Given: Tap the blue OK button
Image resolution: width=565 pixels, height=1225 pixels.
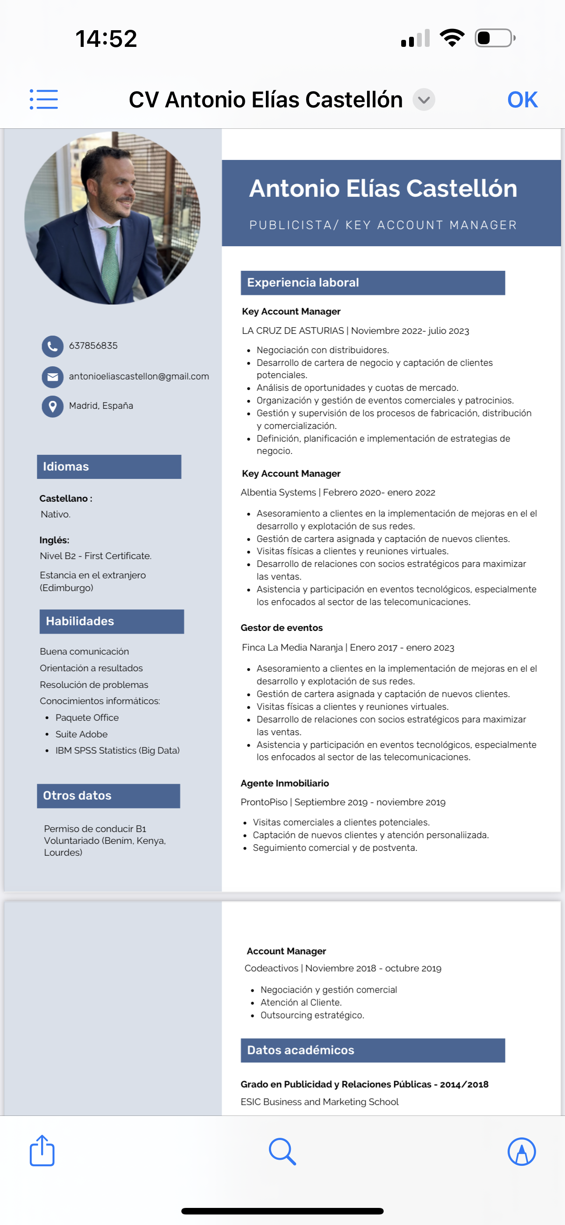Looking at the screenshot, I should point(522,100).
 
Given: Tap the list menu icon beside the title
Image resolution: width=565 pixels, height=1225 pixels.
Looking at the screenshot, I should point(44,99).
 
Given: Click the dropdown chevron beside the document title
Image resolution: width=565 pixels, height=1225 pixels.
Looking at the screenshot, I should point(424,100).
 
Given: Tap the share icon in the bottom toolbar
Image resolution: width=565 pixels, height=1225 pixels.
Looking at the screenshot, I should point(42,1151).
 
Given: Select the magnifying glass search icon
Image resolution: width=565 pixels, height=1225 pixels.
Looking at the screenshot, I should point(282,1151).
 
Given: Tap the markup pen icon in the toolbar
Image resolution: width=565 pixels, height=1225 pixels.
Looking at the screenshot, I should point(522,1151).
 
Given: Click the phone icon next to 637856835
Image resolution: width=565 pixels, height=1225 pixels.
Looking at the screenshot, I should point(52,347).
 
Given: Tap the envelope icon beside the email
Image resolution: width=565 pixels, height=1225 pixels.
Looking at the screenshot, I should point(52,377).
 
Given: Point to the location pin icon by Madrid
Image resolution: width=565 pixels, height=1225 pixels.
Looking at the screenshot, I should point(52,407).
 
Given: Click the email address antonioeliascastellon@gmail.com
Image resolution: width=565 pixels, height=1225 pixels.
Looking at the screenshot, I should point(139,377).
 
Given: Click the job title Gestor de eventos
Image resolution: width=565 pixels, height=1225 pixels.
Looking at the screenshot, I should point(282,628).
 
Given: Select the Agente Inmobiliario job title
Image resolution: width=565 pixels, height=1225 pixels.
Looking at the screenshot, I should point(284,783).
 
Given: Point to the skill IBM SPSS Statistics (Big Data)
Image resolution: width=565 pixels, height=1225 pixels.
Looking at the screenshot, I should point(117,751).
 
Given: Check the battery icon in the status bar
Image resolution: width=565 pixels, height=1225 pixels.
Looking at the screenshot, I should point(494,38).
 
